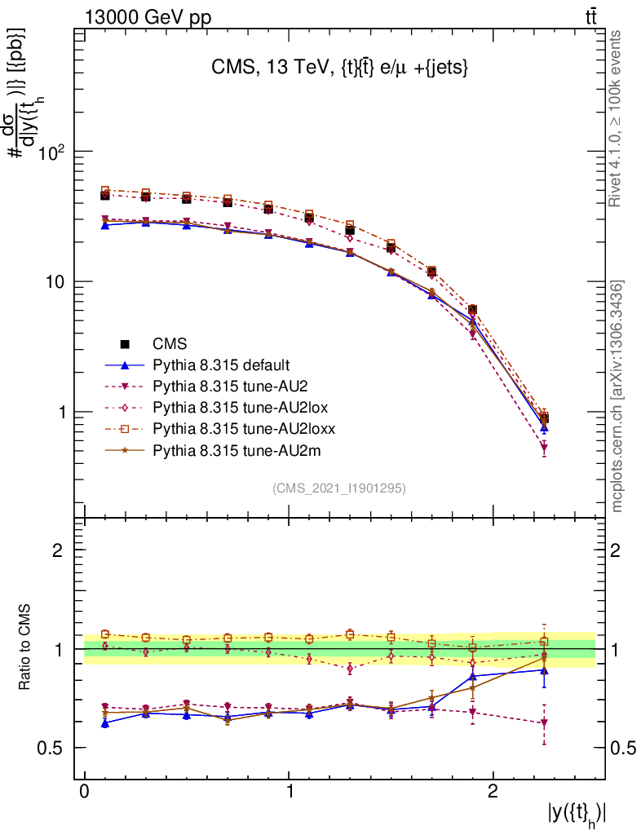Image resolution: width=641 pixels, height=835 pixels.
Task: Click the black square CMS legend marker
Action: coord(126,343)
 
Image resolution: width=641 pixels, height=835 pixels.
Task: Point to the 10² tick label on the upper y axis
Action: coord(51,152)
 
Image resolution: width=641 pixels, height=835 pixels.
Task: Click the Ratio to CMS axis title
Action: coord(25,648)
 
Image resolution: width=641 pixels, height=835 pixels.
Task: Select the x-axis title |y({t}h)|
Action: coord(577,815)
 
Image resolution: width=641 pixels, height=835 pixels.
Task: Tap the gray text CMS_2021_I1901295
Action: coord(339,488)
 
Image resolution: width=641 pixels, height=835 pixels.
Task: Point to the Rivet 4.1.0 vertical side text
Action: coord(617,118)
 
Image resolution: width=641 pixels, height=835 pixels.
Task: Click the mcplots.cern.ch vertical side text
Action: coord(617,396)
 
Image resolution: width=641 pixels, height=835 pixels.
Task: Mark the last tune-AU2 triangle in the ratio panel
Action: coord(544,722)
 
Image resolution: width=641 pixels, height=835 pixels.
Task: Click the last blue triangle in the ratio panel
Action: coord(544,670)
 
